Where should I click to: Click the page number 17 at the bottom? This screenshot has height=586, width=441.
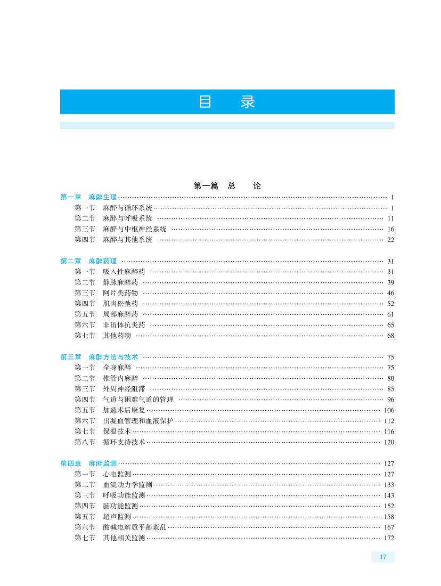point(383,557)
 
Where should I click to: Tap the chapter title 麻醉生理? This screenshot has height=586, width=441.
point(103,197)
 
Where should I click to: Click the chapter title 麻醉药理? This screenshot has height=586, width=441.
point(103,261)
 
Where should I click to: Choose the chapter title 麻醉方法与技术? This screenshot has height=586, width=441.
point(113,357)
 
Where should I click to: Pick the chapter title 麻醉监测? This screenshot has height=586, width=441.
point(103,463)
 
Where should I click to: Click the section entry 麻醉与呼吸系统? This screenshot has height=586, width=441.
point(128,218)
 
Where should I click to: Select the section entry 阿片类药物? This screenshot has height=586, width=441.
point(120,293)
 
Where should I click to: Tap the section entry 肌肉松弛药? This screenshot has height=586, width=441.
point(120,304)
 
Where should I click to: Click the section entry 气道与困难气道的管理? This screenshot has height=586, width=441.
point(138,400)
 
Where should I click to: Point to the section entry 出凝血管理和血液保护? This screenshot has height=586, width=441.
point(138,421)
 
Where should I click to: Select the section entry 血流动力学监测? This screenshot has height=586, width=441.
point(128,485)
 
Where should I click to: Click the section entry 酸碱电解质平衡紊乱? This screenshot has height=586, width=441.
point(135,527)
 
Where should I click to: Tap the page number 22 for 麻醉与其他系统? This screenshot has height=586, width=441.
point(390,240)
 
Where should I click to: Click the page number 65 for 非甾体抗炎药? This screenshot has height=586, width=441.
point(390,325)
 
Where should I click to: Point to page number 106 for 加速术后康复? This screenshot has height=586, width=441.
point(389,410)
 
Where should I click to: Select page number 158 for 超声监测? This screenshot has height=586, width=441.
point(389,517)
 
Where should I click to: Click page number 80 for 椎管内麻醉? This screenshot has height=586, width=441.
point(390,378)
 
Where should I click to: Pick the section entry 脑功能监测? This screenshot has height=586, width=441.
point(120,506)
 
